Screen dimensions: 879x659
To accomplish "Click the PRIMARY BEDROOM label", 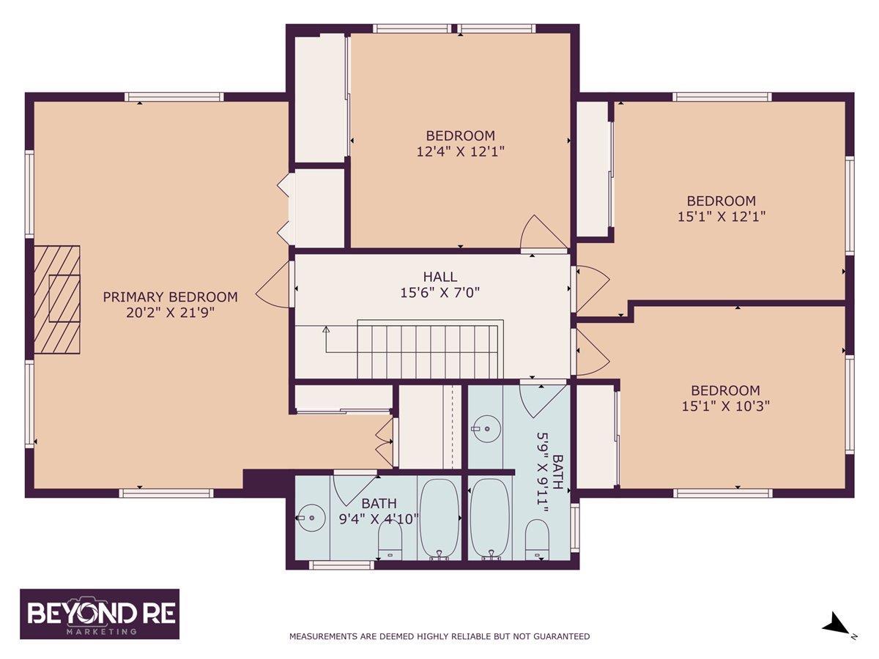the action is pos(170,297).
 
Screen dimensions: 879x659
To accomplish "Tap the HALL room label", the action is pos(440,277).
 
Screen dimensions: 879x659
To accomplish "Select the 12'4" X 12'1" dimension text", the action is pos(460,152).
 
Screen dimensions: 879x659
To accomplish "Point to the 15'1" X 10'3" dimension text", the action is pos(726,406).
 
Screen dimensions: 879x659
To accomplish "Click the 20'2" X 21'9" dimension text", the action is pos(170,313).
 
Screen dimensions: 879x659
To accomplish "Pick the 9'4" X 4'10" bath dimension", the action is pos(379,519).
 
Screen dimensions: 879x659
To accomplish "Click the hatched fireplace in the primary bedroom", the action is pos(57,299).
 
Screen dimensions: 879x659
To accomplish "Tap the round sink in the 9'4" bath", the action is pos(312,518).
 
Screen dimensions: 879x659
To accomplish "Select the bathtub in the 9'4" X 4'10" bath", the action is pos(439,519).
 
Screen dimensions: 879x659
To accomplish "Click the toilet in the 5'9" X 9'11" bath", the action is pos(537,539).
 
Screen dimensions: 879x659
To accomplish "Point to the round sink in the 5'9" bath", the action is pos(486,429).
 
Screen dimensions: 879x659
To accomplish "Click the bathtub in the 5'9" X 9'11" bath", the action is pos(490,519).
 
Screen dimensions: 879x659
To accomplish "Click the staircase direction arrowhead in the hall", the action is pos(326,329).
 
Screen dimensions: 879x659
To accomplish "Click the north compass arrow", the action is pos(835,634).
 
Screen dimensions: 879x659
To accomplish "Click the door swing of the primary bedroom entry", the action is pos(272,285).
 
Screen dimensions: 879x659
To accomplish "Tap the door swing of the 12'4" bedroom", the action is pos(543,232).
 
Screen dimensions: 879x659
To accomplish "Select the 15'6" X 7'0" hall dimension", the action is pos(440,293).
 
